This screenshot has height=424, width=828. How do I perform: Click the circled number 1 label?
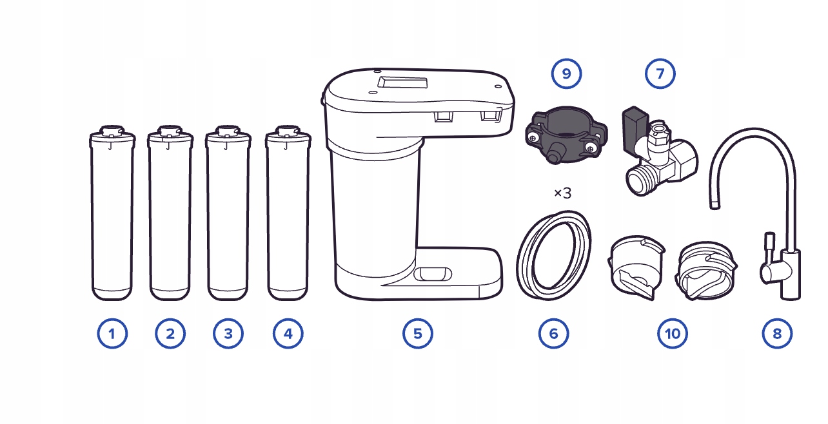pos(112,334)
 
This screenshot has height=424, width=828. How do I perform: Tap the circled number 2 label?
pos(170,334)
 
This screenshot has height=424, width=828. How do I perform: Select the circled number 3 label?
pos(228,334)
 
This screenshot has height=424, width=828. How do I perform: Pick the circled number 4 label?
pos(288,334)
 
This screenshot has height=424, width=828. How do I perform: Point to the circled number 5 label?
pos(418,334)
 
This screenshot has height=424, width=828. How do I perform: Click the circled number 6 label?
pos(553,334)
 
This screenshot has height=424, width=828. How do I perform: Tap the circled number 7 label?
pos(660,74)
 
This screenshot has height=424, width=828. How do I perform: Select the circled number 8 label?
pos(777,334)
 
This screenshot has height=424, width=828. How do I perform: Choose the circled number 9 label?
pos(566,74)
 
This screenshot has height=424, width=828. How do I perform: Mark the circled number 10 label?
pos(673,334)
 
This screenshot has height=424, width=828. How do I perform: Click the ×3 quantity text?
pos(562,193)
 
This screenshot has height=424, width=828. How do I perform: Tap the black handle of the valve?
pos(635,130)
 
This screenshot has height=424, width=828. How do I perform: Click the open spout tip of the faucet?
pos(715,206)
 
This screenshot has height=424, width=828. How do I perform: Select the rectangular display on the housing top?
pos(403,82)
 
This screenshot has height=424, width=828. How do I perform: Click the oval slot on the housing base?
pos(433,274)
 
